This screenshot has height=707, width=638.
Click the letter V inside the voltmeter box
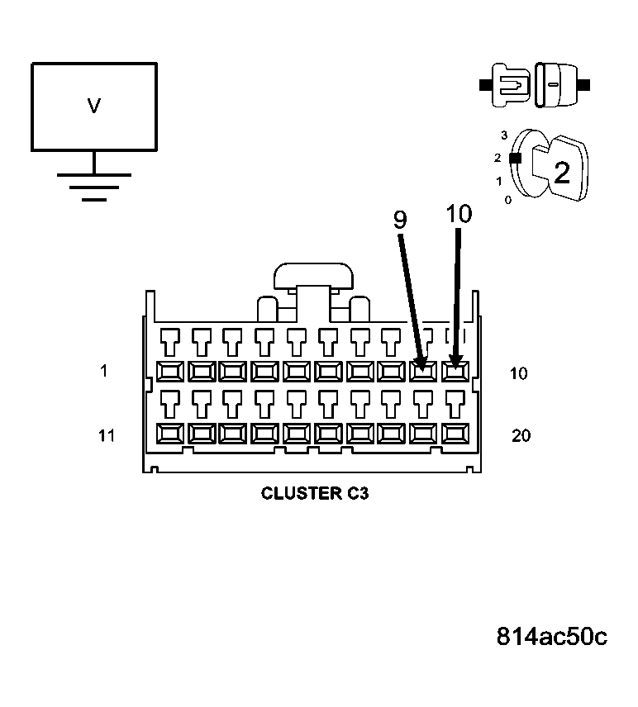pos(94,106)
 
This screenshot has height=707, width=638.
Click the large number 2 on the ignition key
pos(562,173)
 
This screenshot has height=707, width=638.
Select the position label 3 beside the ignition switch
pos(503,135)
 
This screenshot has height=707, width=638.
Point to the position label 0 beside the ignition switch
pos(507,200)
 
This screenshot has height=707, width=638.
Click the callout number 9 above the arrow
pos(400,220)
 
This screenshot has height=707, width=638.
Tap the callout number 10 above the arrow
pos(459,214)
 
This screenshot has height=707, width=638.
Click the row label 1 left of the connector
pos(103,372)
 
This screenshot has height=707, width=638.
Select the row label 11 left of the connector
pos(106,435)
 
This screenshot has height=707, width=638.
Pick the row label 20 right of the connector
pos(521,435)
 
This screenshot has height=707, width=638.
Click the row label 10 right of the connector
pos(518,373)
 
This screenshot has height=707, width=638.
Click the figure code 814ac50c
pos(551,637)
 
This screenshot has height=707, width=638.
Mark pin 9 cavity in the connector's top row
pos(422,371)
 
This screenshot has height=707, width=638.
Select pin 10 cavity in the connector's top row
pos(455,371)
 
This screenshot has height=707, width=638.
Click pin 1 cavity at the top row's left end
pos(171,371)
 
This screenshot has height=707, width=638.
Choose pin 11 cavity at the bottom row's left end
pos(171,434)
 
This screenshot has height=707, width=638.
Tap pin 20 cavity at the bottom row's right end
pos(455,434)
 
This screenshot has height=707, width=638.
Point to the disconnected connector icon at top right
pos(535,85)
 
